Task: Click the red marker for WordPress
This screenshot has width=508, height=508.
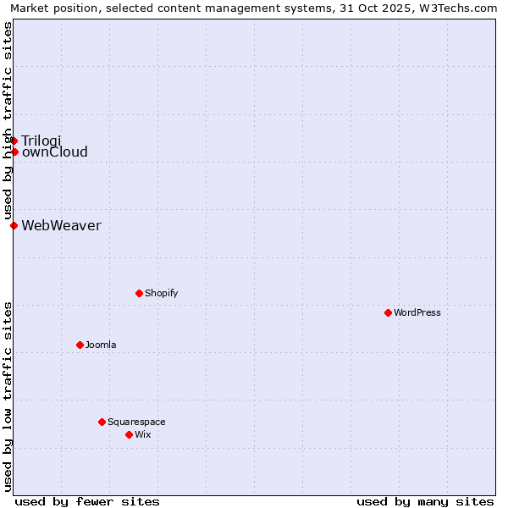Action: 388,312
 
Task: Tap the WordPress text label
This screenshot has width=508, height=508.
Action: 417,312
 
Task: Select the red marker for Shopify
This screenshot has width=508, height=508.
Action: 139,293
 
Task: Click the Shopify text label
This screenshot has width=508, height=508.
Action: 161,293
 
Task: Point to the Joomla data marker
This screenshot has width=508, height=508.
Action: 80,345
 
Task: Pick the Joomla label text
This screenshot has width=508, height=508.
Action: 101,345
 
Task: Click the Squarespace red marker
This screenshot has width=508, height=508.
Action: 102,422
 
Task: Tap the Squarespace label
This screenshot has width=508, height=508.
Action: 136,422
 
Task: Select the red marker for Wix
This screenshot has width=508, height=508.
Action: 129,434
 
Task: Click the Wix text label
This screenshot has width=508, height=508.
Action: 142,434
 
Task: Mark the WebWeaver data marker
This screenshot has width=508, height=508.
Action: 14,225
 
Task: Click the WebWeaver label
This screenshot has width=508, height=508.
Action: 61,225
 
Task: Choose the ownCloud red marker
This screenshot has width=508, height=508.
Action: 14,152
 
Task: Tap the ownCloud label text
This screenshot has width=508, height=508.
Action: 54,152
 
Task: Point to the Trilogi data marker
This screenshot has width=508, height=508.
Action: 14,141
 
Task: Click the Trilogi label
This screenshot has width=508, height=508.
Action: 41,141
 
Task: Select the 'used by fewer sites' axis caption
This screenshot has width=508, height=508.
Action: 87,501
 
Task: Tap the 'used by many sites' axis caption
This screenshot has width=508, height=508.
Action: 425,501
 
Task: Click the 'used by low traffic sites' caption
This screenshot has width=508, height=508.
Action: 8,396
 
